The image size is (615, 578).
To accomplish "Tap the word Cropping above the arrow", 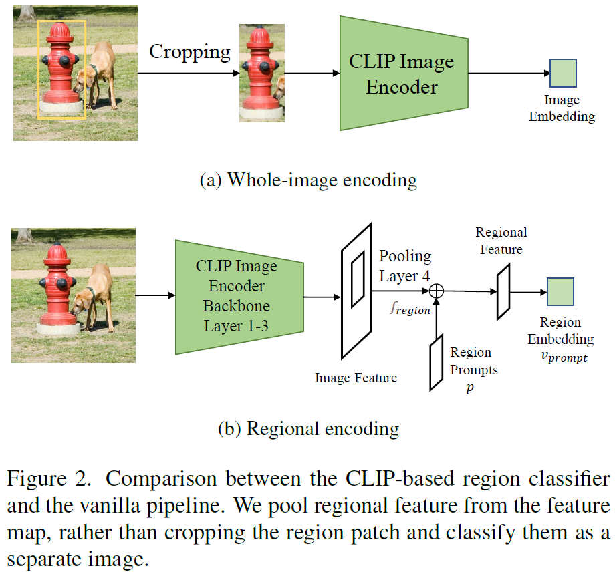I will click(x=189, y=51).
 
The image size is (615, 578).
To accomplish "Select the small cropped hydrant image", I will click(x=262, y=73).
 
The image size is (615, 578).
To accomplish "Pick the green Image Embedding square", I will click(x=563, y=73).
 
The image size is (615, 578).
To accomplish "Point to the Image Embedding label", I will click(x=562, y=108).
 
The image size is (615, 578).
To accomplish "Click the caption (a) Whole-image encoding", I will click(x=308, y=180).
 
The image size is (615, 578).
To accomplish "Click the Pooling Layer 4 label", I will click(x=405, y=265).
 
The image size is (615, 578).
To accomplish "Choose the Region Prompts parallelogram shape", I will click(x=437, y=362).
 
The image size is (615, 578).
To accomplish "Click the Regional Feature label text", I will click(x=501, y=241).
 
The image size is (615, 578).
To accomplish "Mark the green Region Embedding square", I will click(x=561, y=292).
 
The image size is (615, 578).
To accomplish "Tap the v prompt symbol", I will click(x=564, y=357).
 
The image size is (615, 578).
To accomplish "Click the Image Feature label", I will click(x=356, y=378).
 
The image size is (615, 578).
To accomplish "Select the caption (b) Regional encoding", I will click(x=308, y=428).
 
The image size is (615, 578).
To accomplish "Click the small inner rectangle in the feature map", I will click(x=358, y=276).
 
